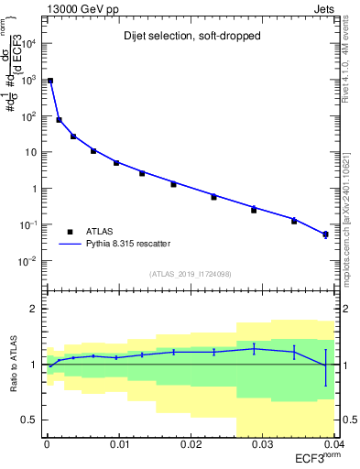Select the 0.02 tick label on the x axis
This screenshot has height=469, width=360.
pyautogui.click(x=191, y=443)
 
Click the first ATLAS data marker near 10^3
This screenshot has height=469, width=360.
pyautogui.click(x=50, y=81)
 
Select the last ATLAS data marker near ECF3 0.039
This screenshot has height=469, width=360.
pyautogui.click(x=325, y=235)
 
